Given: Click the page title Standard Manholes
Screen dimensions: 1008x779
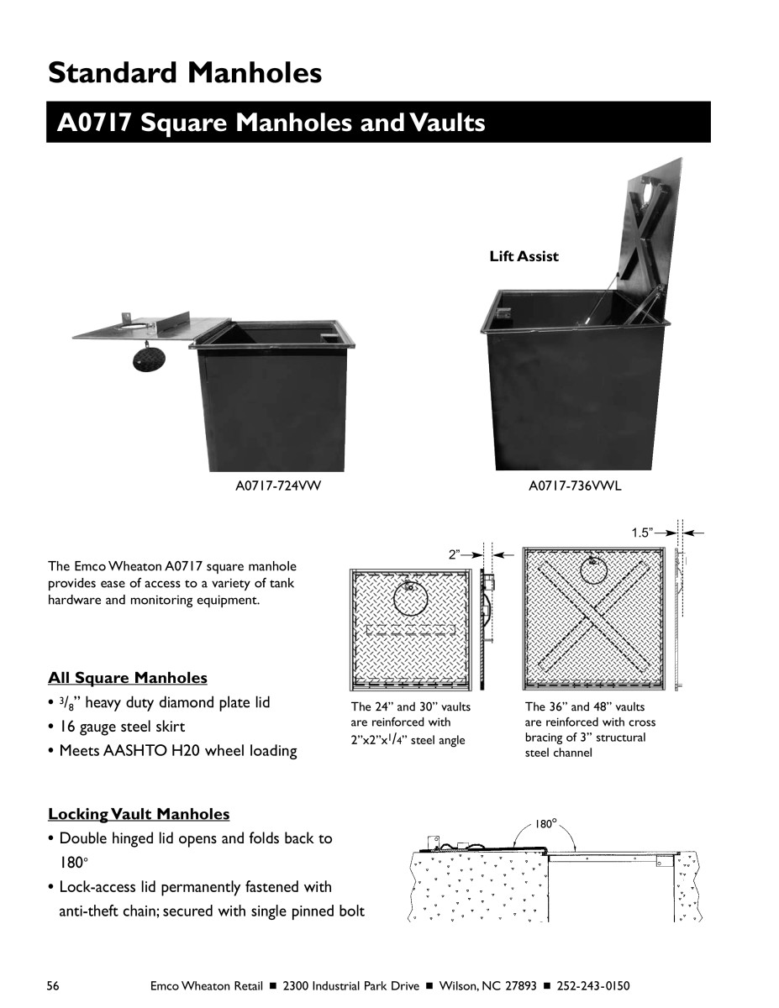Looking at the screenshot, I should click(x=185, y=72).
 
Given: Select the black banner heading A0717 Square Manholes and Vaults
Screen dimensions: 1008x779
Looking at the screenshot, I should click(x=271, y=123).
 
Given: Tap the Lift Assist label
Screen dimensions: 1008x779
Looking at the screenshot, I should click(x=524, y=256).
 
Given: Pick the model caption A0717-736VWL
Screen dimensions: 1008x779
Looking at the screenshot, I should click(x=574, y=486).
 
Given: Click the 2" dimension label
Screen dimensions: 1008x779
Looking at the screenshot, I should click(x=455, y=554).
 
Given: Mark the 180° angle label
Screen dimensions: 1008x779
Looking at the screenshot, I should click(x=546, y=824).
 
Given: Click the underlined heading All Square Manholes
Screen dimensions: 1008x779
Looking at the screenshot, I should click(x=128, y=677).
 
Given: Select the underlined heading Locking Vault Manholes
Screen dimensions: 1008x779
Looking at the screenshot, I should click(x=139, y=813).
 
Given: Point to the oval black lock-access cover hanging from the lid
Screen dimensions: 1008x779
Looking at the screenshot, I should click(x=150, y=359).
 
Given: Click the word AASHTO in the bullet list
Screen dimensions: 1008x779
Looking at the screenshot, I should click(x=134, y=750).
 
